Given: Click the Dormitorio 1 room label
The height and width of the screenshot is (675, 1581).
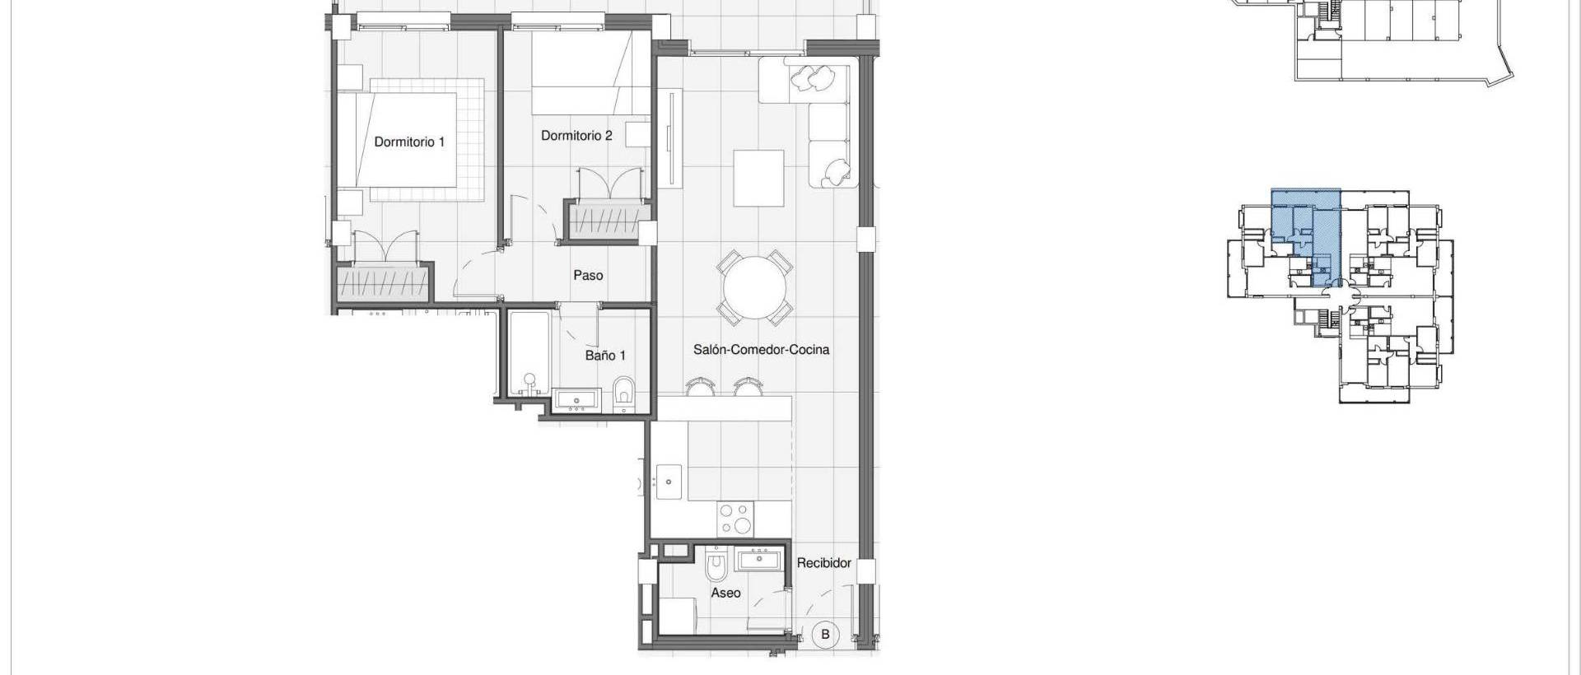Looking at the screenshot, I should coord(409,142).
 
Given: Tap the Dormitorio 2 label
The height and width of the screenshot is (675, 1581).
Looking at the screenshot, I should coord(576,135).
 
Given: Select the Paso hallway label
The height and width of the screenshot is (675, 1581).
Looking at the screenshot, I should coord(588,275).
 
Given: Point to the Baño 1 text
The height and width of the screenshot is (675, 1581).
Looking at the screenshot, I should coord(605,356).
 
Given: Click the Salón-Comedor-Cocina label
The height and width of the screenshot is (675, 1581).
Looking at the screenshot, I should coord(761,349).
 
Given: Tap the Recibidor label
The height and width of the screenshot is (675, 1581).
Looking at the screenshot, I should coord(823,563).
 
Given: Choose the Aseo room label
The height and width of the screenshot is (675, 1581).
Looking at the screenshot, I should coord(725,593).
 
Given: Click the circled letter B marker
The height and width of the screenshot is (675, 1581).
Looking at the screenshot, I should coord(825,635).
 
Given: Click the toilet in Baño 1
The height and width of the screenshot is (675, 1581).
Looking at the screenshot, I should coord(624,393).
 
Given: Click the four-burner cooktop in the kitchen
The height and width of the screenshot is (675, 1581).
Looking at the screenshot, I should coord(735,519).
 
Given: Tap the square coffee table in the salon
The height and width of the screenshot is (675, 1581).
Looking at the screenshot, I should coord(758,178).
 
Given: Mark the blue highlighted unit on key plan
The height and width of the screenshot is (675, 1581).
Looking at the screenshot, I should coord(1305,235).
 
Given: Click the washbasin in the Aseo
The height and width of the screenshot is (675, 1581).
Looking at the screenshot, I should coord(763,561).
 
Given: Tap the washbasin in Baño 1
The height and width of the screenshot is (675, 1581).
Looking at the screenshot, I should coord(576,401).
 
